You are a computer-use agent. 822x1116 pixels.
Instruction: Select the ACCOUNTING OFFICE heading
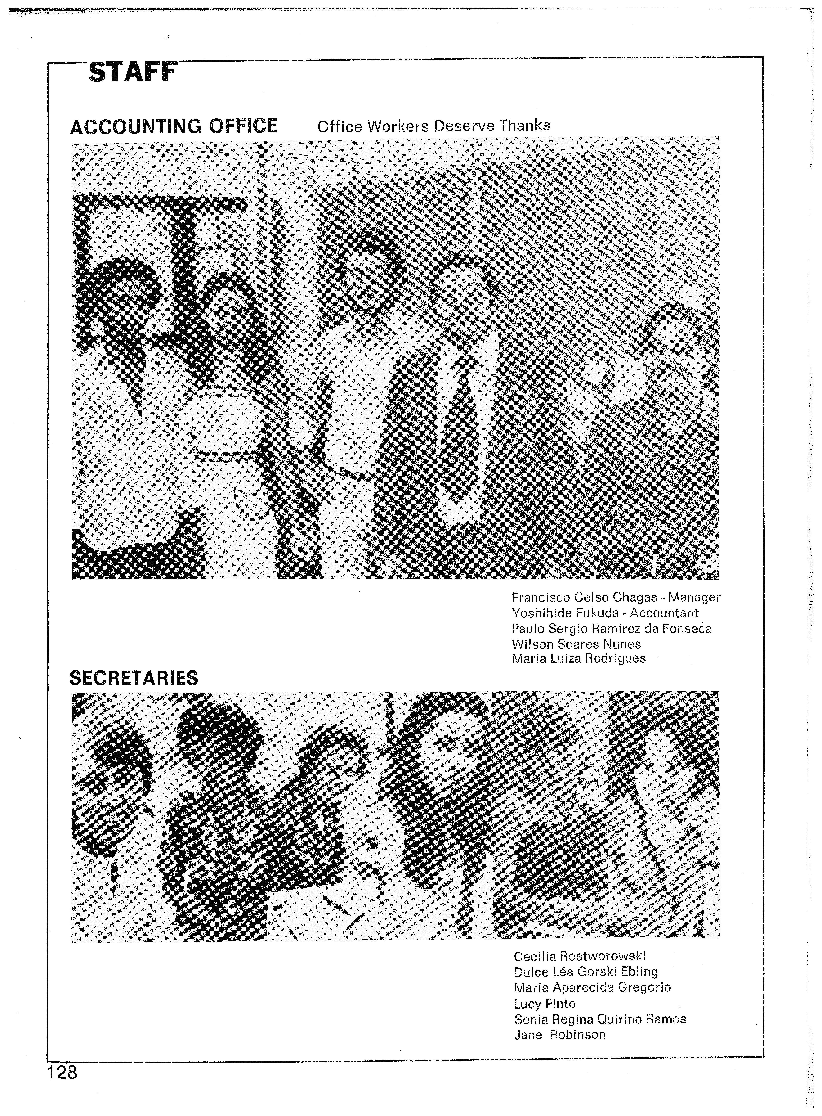click(x=174, y=126)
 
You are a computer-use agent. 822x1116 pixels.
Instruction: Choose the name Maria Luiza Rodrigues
click(x=578, y=658)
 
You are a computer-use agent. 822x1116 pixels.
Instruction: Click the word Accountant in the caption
click(x=664, y=613)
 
